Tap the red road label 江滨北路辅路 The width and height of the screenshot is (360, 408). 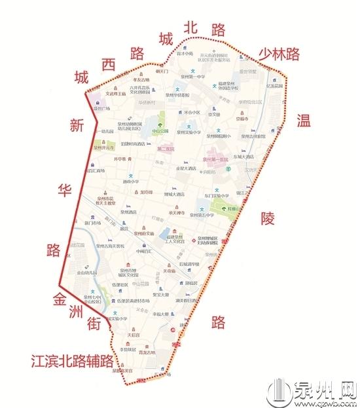(x=71, y=361)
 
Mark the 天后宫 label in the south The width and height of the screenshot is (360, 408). (x=134, y=335)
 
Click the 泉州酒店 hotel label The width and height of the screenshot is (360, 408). (x=137, y=213)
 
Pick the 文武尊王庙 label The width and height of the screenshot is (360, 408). (x=117, y=94)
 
